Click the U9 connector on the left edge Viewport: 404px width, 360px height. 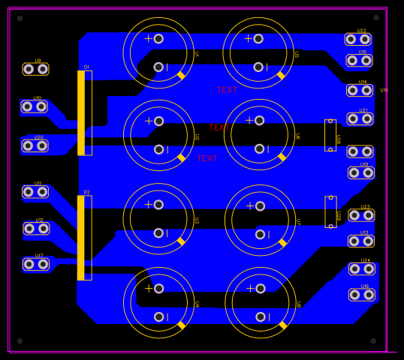[x=35, y=69]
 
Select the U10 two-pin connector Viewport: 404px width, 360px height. [x=34, y=106]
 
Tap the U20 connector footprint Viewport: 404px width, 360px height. [x=35, y=145]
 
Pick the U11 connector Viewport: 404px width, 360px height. [x=35, y=192]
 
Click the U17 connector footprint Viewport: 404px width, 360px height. [x=35, y=264]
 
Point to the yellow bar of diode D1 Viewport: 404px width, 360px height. [x=81, y=112]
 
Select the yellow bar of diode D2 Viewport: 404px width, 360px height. [x=81, y=238]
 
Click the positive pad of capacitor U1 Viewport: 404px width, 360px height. [x=158, y=38]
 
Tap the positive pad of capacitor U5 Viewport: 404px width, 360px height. [x=258, y=38]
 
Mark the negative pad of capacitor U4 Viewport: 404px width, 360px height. [x=159, y=316]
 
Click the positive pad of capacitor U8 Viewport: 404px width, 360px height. [x=260, y=288]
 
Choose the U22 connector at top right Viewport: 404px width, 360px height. [x=357, y=39]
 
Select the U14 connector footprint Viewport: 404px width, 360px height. [x=359, y=90]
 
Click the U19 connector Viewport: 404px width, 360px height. [x=360, y=172]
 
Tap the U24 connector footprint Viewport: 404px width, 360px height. [x=361, y=268]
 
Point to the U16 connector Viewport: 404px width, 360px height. [x=361, y=295]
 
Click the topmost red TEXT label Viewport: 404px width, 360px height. [x=227, y=90]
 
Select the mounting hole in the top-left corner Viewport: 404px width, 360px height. [x=20, y=18]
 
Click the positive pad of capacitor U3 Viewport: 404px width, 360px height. [x=158, y=204]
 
